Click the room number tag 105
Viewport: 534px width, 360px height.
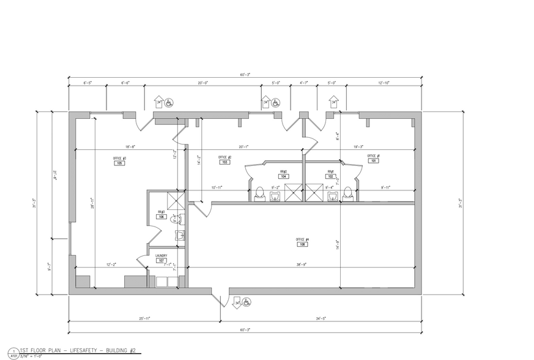click(x=119, y=163)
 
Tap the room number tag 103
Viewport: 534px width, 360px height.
click(x=224, y=162)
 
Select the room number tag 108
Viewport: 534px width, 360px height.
click(x=303, y=244)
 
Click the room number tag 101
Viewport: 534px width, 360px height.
click(x=373, y=161)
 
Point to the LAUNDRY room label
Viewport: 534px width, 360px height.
click(x=161, y=255)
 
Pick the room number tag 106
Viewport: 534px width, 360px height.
click(x=161, y=217)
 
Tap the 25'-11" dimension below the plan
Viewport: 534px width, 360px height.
click(x=144, y=319)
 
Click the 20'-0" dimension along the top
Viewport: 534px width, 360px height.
click(x=203, y=83)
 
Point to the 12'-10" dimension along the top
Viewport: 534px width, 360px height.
click(x=384, y=83)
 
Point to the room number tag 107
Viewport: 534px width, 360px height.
click(x=161, y=261)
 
